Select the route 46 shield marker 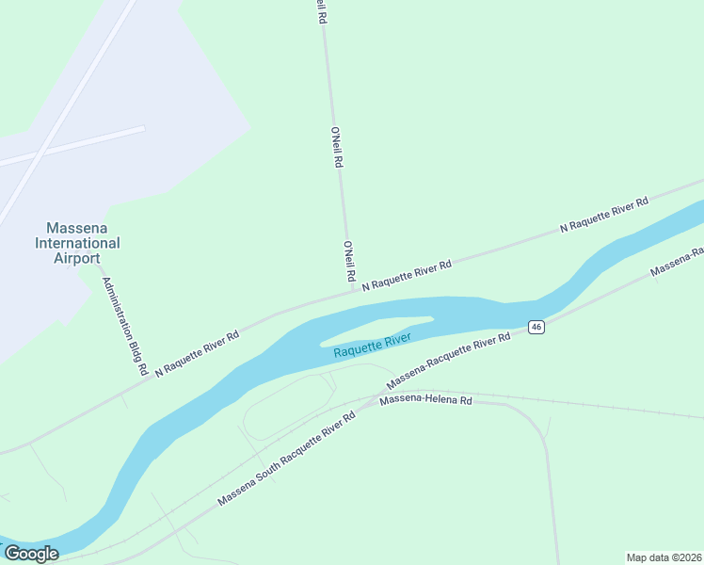(536, 327)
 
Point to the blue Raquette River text (372, 346)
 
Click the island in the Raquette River (376, 329)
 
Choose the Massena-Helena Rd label (425, 401)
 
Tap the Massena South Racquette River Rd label (286, 459)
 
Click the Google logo (31, 554)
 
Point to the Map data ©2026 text (664, 557)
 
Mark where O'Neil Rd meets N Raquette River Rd (354, 291)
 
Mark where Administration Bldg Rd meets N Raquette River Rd (141, 379)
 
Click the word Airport (77, 258)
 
